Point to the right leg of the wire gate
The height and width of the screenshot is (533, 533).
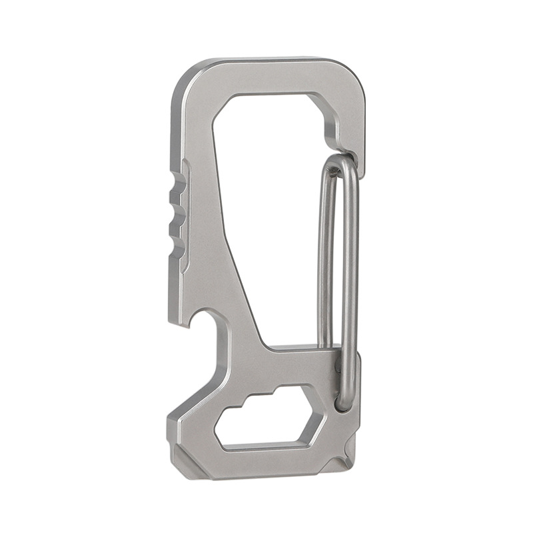point(351,266)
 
